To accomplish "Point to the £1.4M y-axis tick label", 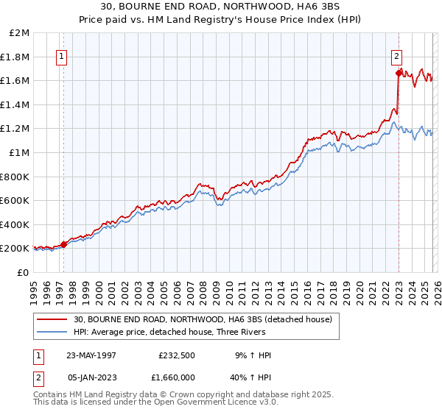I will click(x=15, y=104).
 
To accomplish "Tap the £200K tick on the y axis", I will click(x=15, y=249).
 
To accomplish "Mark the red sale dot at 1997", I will click(x=64, y=244).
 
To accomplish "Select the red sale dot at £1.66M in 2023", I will click(x=399, y=73).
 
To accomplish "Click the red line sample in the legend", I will click(x=53, y=319).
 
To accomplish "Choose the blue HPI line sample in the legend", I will click(x=53, y=332).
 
